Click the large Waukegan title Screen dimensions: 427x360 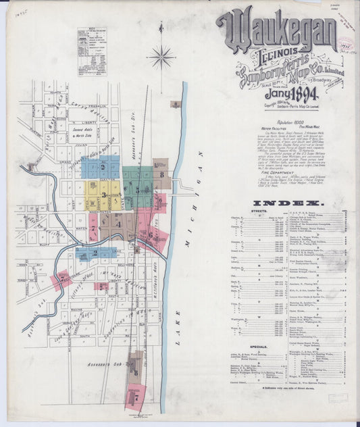(x=276, y=31)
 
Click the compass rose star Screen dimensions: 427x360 (x=161, y=57)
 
